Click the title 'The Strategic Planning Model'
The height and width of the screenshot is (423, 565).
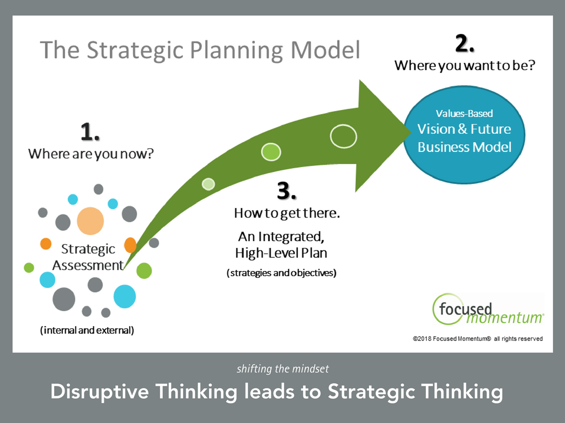click(200, 50)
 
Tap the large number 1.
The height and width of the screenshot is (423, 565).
click(90, 133)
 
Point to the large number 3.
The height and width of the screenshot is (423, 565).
click(286, 191)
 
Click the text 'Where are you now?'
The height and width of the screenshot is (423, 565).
click(91, 154)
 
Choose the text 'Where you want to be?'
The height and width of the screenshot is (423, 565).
click(465, 66)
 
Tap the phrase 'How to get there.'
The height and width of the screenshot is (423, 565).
click(287, 213)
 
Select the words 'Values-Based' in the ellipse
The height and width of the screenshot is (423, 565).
click(464, 113)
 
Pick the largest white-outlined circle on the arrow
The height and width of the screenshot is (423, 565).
click(343, 136)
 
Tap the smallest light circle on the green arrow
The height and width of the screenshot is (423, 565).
click(208, 184)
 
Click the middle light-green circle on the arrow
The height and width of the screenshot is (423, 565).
click(271, 151)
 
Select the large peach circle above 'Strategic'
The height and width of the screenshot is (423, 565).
click(90, 221)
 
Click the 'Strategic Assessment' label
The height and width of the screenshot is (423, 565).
click(88, 257)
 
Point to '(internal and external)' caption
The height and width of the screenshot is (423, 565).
click(87, 330)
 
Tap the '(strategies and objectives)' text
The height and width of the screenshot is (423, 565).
click(281, 273)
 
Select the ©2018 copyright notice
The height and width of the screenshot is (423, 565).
click(477, 339)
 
